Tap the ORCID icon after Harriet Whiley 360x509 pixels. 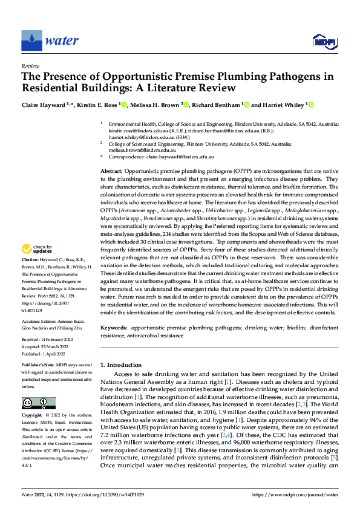[312, 105]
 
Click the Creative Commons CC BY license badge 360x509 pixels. [38, 403]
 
